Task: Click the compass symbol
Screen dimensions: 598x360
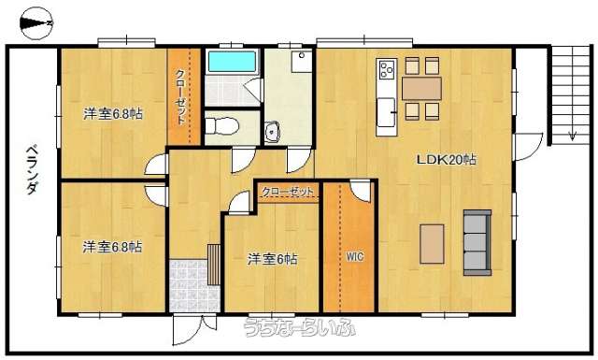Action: coord(36,23)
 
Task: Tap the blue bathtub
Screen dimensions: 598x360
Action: coord(232,62)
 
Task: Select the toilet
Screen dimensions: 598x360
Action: coord(221,126)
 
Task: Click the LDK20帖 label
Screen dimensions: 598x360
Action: coord(446,160)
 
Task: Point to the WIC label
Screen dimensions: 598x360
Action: coord(355,256)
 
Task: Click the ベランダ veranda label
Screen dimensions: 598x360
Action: coord(33,170)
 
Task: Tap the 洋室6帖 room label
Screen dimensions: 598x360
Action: coord(272,259)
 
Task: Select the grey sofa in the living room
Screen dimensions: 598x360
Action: coord(477,242)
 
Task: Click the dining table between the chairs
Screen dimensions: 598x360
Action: coord(421,89)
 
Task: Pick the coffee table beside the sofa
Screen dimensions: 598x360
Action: coord(432,244)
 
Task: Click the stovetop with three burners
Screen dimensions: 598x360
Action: coord(387,70)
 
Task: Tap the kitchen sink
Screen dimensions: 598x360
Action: coord(386,112)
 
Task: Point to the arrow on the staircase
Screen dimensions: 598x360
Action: coord(572,136)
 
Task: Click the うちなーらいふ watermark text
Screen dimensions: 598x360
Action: coord(300,327)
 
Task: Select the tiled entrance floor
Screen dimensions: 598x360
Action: coord(194,285)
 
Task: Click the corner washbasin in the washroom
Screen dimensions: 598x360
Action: coord(272,132)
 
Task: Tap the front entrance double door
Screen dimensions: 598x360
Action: coord(194,329)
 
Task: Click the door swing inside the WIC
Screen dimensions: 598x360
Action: coord(361,191)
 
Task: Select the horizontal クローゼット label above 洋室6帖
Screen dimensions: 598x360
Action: coord(288,192)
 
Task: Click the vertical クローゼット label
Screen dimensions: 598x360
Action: coord(180,97)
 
